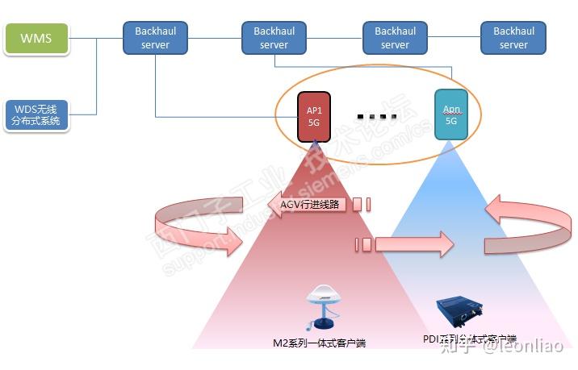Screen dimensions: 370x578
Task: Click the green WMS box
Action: click(36, 39)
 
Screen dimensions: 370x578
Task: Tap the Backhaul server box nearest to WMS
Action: click(155, 38)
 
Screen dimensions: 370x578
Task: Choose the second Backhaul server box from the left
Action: click(274, 38)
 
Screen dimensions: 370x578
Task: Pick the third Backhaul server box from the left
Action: click(395, 38)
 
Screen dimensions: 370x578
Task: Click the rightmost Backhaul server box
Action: click(513, 38)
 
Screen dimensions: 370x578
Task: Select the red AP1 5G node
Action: click(314, 117)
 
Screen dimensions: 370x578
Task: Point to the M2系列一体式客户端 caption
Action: click(319, 343)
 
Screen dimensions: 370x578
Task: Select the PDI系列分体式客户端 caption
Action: click(469, 339)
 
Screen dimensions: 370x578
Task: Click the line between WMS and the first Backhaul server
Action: click(95, 38)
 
